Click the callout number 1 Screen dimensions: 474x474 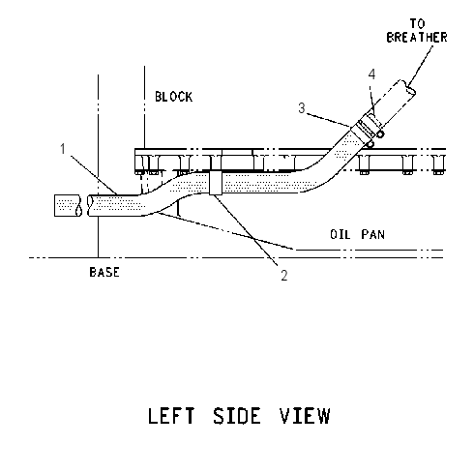tap(63, 149)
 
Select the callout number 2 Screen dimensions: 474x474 tap(283, 276)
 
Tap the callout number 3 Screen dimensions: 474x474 tap(302, 108)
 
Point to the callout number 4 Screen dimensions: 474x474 tap(371, 74)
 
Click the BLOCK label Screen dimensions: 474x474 tap(174, 97)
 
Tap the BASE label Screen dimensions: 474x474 tap(104, 272)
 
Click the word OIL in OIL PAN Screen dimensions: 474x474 tap(341, 234)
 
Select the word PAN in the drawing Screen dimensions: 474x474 tap(373, 234)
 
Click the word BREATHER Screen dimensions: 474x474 tap(417, 38)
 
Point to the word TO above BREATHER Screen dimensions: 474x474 tap(418, 23)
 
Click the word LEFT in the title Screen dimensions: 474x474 tap(171, 416)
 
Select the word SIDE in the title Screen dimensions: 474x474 tap(236, 416)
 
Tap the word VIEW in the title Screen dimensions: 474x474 tap(305, 416)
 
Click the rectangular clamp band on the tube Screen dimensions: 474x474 tap(216, 183)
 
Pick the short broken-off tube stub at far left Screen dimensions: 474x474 tap(68, 205)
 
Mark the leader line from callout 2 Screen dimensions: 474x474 tap(246, 230)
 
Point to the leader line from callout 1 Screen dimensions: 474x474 tap(94, 175)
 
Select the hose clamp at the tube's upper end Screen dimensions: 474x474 tap(369, 129)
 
